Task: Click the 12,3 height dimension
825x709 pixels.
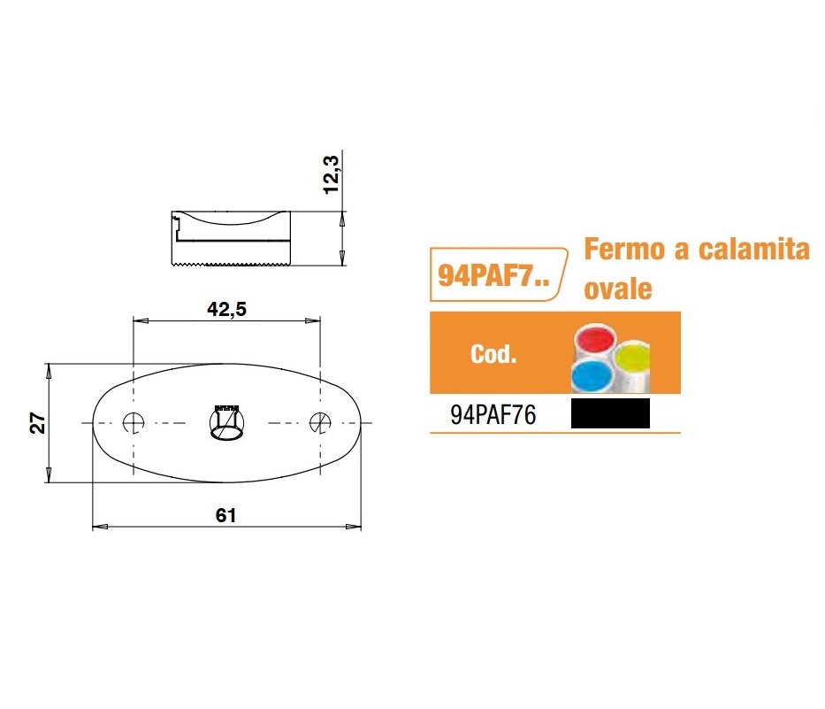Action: pos(331,175)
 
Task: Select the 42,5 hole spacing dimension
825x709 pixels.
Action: pos(226,309)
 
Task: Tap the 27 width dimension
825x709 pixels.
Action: pos(38,423)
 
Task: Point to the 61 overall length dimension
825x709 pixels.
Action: pos(225,515)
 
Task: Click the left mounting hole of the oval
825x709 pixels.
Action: pos(134,422)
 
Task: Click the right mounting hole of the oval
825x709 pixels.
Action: pos(320,422)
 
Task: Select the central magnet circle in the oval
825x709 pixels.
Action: pos(226,422)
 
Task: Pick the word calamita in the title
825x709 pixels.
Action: pos(753,249)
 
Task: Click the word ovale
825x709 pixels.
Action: pos(618,289)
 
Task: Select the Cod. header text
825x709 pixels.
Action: pos(493,354)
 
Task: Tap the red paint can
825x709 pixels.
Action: pos(596,339)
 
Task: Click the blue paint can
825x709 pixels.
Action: pos(591,375)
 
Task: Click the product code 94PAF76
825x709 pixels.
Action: pos(493,415)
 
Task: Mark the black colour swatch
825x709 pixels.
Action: pos(610,413)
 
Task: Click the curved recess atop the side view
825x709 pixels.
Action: pos(231,220)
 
